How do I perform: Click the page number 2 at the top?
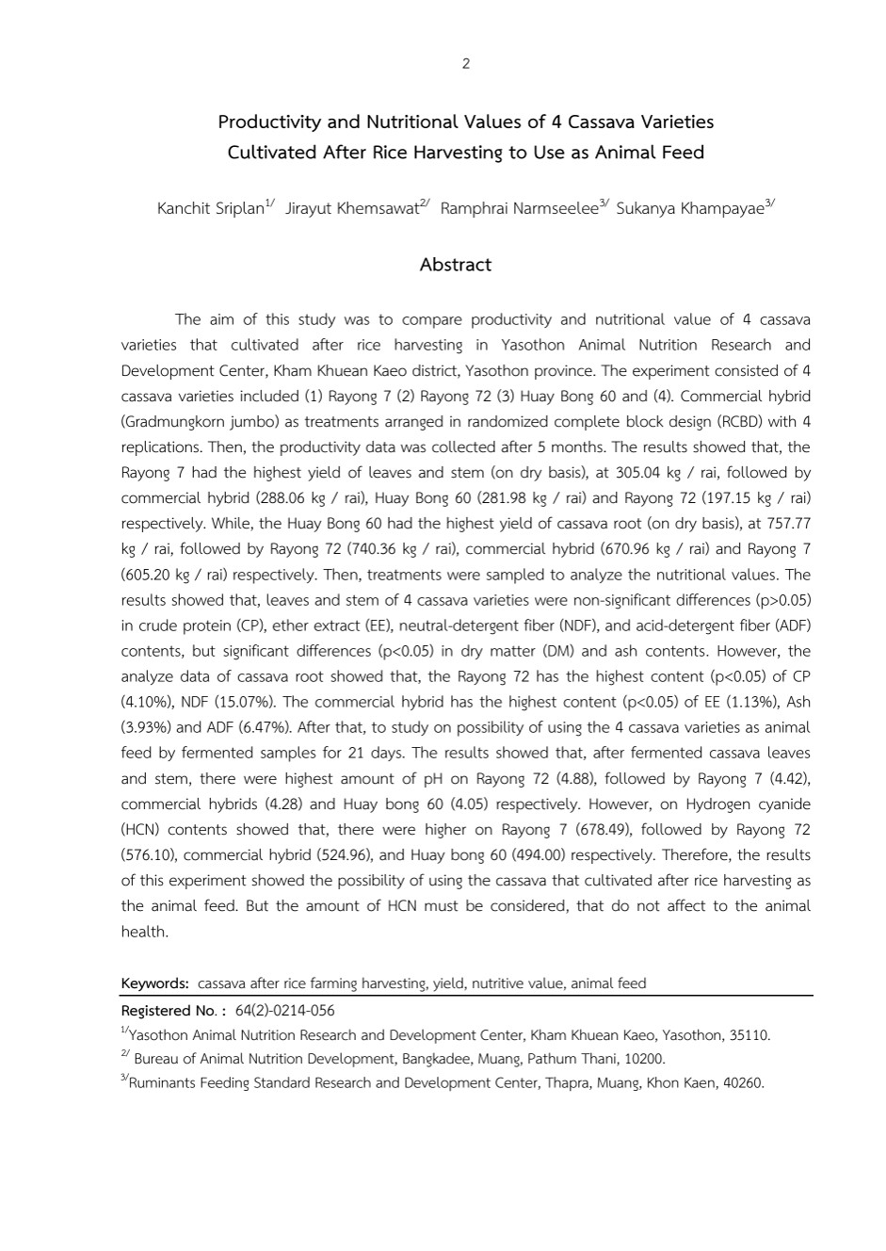click(465, 64)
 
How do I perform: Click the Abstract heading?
click(455, 265)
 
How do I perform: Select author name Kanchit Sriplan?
click(210, 208)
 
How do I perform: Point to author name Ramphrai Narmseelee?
click(519, 208)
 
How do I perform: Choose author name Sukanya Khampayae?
click(689, 208)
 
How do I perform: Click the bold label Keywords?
click(155, 983)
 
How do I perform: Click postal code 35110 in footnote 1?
click(749, 1035)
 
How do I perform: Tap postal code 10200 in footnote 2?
click(644, 1059)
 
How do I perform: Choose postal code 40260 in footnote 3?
click(742, 1083)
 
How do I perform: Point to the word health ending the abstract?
click(144, 932)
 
